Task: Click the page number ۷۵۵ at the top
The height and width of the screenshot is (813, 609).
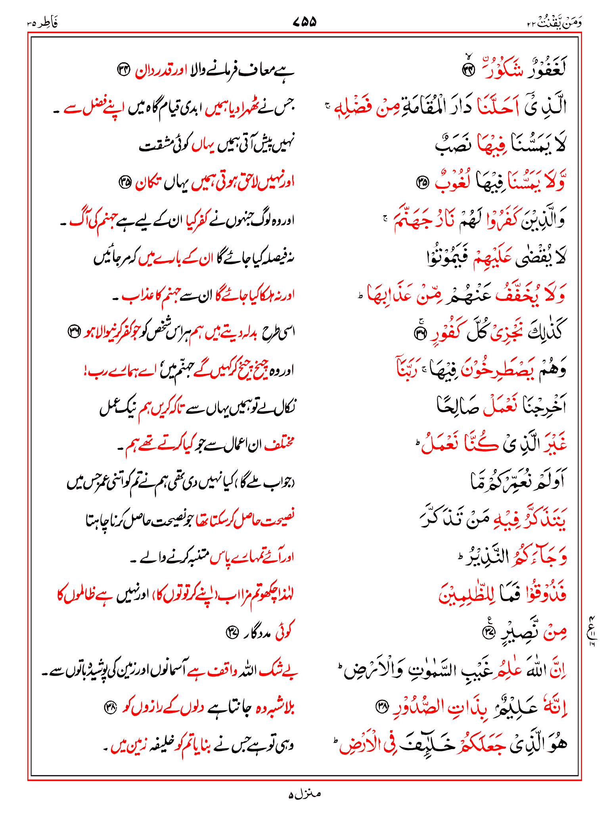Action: point(304,21)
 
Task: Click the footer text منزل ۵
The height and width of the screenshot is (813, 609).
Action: point(304,794)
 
